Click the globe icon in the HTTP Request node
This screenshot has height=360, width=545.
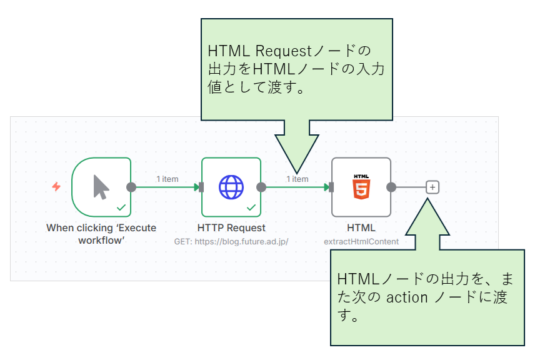tap(231, 186)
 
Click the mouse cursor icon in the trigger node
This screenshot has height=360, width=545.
tap(101, 186)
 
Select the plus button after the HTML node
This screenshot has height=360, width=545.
tap(432, 187)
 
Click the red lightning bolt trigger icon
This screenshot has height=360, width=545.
tap(56, 186)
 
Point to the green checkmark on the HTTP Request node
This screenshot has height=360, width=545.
tap(251, 207)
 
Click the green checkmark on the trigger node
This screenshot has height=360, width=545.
tap(121, 207)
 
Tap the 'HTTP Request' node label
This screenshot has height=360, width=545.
tap(231, 228)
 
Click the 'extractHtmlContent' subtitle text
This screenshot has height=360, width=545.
tap(361, 241)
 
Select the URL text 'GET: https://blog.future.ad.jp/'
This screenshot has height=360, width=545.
tap(231, 241)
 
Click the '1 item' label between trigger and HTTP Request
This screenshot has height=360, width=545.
tap(167, 179)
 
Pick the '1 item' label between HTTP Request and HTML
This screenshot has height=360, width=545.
tap(297, 179)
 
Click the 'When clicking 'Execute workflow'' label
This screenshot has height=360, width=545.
tap(101, 234)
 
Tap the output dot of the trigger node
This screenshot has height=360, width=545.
tap(131, 187)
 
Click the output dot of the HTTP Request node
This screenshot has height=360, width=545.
tap(261, 187)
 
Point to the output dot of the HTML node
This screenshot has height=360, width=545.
tap(391, 187)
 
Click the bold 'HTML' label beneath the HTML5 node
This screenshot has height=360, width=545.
tap(361, 228)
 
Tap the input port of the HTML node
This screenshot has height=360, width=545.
tap(331, 187)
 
